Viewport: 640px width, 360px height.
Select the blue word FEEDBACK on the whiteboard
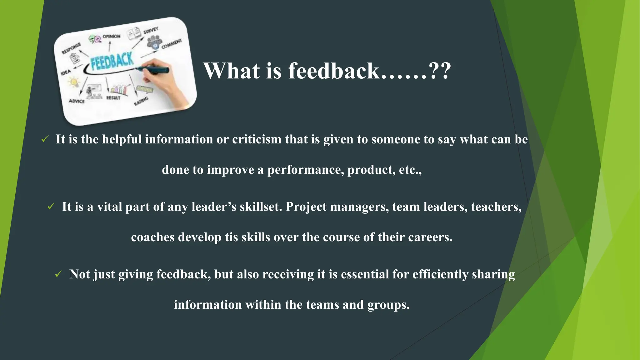pyautogui.click(x=112, y=60)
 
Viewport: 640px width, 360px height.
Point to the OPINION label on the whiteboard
pyautogui.click(x=111, y=37)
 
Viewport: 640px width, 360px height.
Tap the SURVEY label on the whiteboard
pyautogui.click(x=151, y=30)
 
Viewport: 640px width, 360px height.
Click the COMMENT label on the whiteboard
pyautogui.click(x=172, y=44)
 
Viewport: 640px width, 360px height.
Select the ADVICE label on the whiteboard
pyautogui.click(x=77, y=101)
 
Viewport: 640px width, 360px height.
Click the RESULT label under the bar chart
pyautogui.click(x=113, y=98)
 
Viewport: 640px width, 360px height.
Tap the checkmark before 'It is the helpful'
pyautogui.click(x=45, y=139)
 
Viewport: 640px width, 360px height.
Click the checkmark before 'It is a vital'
pyautogui.click(x=51, y=206)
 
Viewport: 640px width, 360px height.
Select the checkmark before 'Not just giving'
pyautogui.click(x=58, y=274)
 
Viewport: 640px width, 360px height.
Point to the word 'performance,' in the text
pyautogui.click(x=306, y=170)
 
